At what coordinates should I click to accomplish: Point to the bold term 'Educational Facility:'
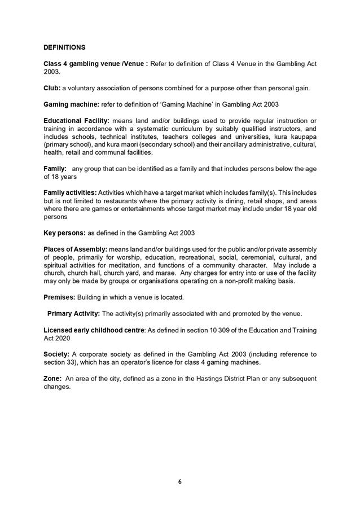click(77, 121)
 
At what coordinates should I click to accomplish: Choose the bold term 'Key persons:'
click(64, 233)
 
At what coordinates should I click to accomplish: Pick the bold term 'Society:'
click(56, 354)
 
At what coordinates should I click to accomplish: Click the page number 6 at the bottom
click(179, 481)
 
